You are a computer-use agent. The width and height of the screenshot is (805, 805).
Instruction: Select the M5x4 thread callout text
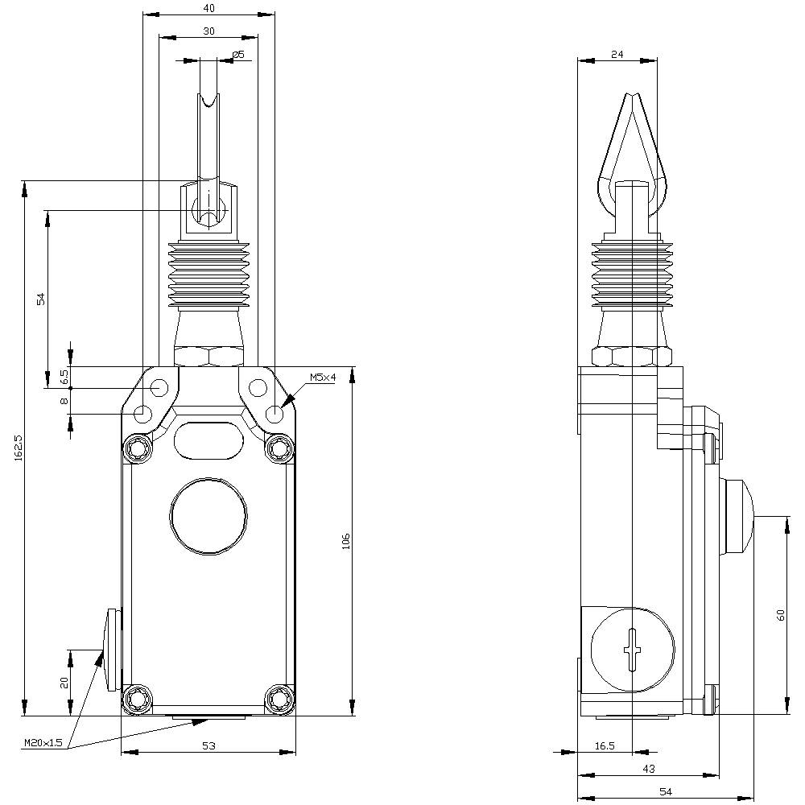pyautogui.click(x=323, y=378)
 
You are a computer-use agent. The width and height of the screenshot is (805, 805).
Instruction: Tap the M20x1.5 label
pyautogui.click(x=43, y=741)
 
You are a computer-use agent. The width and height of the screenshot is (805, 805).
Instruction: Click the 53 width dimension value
pyautogui.click(x=208, y=746)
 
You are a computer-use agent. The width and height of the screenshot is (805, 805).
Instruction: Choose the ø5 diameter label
pyautogui.click(x=237, y=55)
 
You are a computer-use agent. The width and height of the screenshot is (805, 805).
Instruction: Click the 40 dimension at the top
pyautogui.click(x=208, y=8)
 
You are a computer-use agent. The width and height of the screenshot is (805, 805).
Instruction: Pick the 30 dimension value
pyautogui.click(x=208, y=31)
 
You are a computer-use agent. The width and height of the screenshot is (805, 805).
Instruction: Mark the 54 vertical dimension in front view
pyautogui.click(x=41, y=299)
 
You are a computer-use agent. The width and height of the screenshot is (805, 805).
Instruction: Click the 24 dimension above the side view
pyautogui.click(x=617, y=55)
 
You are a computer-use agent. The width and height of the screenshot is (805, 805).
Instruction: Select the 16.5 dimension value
pyautogui.click(x=605, y=746)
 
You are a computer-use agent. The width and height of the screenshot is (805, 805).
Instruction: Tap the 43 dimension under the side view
pyautogui.click(x=649, y=769)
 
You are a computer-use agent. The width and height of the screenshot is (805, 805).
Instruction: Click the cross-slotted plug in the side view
pyautogui.click(x=634, y=650)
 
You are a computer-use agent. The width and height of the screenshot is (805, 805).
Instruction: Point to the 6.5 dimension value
pyautogui.click(x=64, y=376)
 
